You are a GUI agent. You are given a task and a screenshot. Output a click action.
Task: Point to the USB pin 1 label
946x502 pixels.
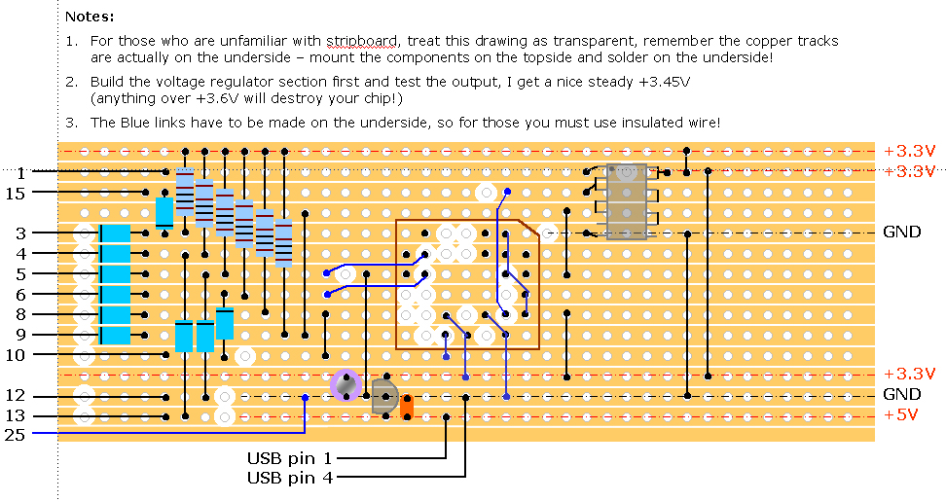tap(290, 457)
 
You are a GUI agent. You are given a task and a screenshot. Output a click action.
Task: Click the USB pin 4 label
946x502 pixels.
tap(290, 478)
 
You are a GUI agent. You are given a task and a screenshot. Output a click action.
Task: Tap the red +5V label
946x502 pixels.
tap(905, 415)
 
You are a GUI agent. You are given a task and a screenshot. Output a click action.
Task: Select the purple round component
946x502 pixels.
tap(346, 385)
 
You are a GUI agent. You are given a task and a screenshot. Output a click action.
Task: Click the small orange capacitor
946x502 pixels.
tap(408, 406)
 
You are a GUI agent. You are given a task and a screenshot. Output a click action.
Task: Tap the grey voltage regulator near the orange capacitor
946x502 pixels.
tap(383, 396)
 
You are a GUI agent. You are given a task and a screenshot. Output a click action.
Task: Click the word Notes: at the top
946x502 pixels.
tap(90, 18)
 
